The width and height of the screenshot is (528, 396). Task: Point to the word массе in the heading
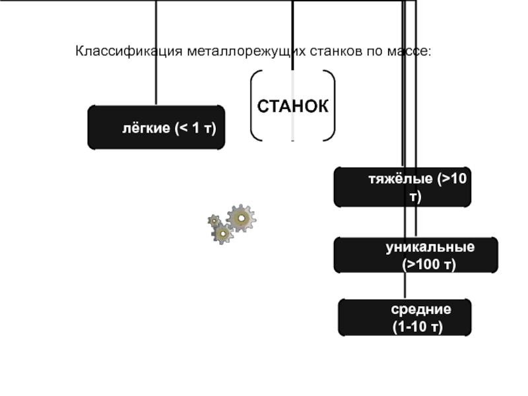coord(409,50)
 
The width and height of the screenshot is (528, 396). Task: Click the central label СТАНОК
coord(292,106)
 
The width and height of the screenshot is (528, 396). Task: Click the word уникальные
coord(430,247)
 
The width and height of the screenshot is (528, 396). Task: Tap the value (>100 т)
coord(430,264)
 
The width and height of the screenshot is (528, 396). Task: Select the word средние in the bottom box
coord(420,309)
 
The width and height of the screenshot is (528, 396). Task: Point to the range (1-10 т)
coord(418,326)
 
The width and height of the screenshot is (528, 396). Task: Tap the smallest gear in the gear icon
coord(214,220)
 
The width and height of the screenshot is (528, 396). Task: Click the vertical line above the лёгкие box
coord(156,53)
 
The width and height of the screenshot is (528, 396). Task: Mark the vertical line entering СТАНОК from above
coord(292,33)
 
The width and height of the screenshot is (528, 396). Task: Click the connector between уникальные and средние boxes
coord(404,285)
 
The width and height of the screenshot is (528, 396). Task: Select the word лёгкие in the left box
coord(145,127)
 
